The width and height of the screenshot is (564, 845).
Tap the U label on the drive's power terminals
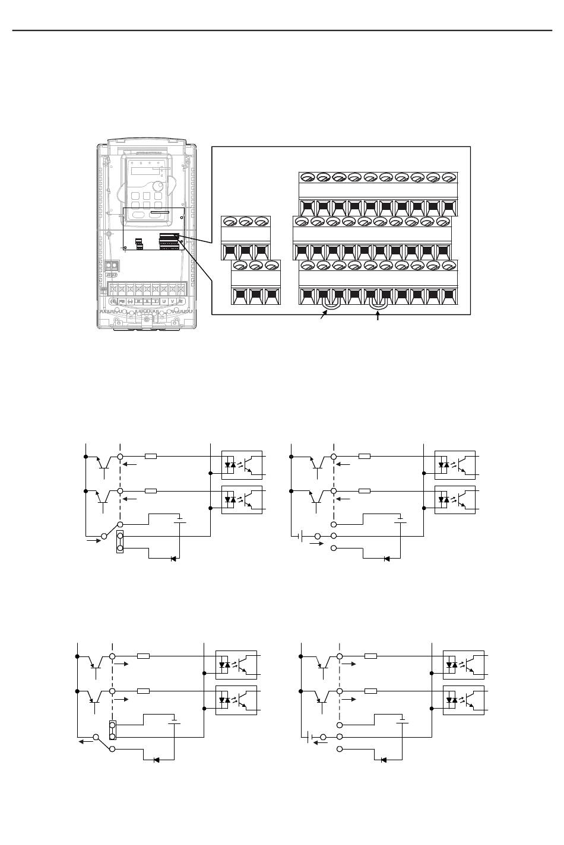tap(164, 301)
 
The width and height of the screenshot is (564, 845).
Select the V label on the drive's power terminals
tap(173, 301)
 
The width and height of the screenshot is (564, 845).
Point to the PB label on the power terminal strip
tap(122, 301)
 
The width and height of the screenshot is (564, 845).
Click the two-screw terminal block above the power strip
tap(111, 266)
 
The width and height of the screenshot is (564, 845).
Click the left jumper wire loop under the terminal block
tap(329, 304)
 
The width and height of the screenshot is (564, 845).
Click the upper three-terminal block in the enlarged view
tap(245, 238)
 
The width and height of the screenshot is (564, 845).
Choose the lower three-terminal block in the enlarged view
tap(256, 282)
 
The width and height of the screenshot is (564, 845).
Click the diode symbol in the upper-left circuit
tap(173, 559)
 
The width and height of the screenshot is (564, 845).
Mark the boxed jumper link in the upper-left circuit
tap(121, 542)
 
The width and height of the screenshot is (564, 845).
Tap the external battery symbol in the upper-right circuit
tap(301, 537)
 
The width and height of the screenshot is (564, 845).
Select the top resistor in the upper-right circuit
tap(364, 457)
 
